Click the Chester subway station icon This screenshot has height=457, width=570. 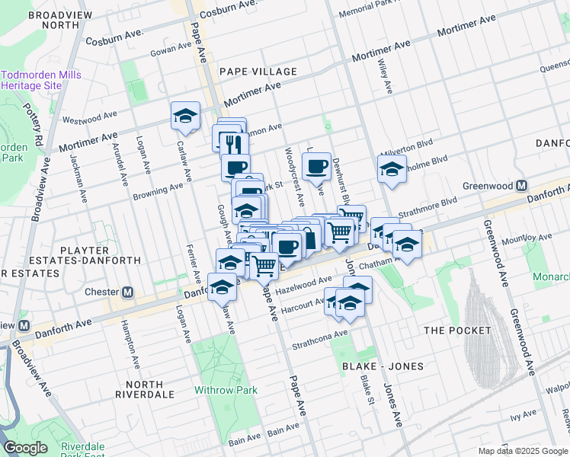tap(128, 292)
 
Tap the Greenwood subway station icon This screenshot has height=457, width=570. tap(522, 186)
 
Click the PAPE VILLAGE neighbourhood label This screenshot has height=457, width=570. tap(258, 72)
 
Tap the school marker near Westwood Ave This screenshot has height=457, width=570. tap(185, 117)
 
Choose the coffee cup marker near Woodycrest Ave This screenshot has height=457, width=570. tap(317, 165)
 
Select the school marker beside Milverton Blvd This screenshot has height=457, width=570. tap(391, 169)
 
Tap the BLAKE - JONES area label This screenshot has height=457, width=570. tap(389, 366)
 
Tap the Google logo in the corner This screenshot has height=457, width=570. tap(25, 448)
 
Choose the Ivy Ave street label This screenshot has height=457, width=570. tap(524, 417)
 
